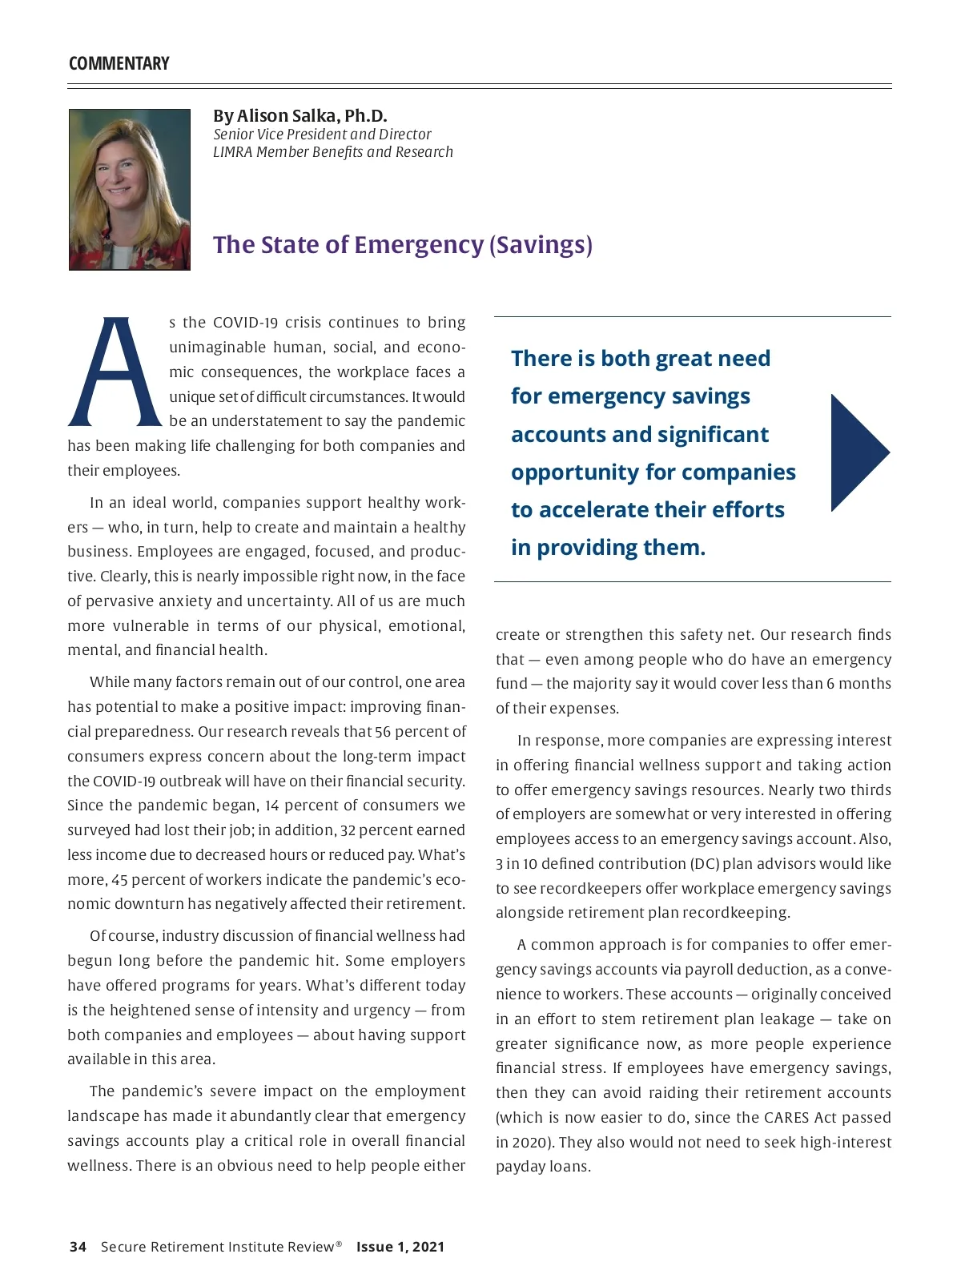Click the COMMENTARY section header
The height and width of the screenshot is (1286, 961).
[119, 64]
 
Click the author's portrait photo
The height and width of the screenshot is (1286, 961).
[130, 190]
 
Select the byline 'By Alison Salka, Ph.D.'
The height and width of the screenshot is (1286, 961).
[300, 116]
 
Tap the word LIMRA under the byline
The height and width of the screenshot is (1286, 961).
[232, 152]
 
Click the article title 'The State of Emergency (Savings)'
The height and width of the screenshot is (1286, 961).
[402, 244]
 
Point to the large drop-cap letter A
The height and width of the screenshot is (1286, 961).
[115, 372]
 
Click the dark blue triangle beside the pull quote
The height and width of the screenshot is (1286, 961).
[857, 452]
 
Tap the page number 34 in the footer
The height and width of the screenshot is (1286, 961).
[78, 1247]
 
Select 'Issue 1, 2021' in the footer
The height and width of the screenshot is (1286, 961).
[400, 1247]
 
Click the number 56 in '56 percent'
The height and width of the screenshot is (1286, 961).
[383, 732]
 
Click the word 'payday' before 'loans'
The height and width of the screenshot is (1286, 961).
[521, 1167]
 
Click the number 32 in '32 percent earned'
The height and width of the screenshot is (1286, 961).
[348, 830]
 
